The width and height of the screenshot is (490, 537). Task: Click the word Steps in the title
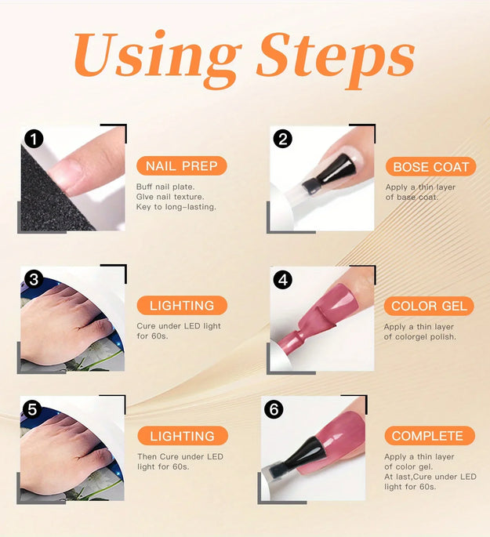point(336,60)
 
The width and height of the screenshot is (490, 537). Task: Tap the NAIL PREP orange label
point(181,166)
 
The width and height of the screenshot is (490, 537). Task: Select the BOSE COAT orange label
point(430,167)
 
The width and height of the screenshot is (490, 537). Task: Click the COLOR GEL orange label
point(429,306)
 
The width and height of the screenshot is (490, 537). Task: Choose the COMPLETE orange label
point(430,436)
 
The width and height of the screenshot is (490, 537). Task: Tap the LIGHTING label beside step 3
point(182,305)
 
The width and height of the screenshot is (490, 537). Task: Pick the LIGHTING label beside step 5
point(183,436)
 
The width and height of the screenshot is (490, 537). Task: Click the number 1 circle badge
point(34,139)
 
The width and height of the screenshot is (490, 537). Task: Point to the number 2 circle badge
point(283,139)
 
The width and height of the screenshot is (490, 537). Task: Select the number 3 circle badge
point(34,280)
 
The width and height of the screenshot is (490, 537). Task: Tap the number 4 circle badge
point(283,280)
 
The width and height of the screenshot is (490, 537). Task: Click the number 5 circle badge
point(32,409)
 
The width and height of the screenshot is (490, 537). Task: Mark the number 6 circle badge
point(274,409)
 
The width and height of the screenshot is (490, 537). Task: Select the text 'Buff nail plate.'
point(165,187)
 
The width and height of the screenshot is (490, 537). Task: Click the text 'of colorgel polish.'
point(419,336)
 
